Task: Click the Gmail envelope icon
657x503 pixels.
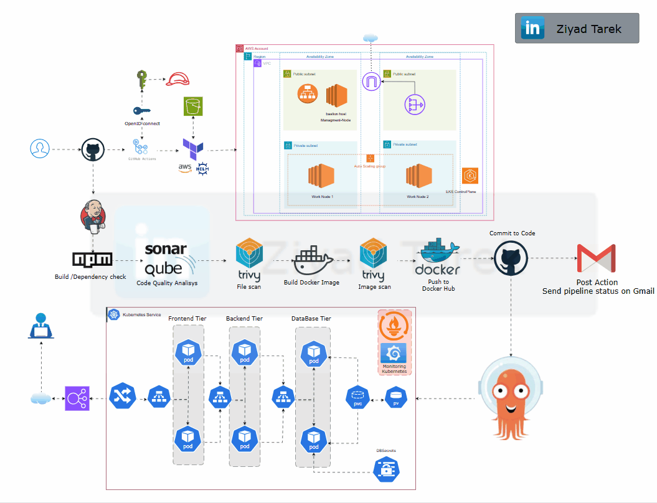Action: (x=595, y=258)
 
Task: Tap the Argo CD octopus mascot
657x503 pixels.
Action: (x=513, y=398)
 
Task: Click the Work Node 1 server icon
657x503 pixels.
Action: (x=322, y=176)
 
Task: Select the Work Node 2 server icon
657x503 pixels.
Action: (x=418, y=176)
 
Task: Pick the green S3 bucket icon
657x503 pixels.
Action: (x=194, y=106)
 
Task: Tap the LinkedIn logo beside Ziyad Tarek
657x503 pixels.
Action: (x=533, y=29)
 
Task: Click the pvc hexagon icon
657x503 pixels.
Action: (x=358, y=397)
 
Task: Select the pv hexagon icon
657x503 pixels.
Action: (x=396, y=397)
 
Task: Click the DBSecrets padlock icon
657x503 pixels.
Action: (x=386, y=469)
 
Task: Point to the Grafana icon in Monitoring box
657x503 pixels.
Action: (x=394, y=353)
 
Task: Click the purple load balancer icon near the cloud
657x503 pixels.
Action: (x=78, y=398)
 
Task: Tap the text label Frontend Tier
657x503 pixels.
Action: (x=187, y=319)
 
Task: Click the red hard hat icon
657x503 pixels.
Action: (x=178, y=79)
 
